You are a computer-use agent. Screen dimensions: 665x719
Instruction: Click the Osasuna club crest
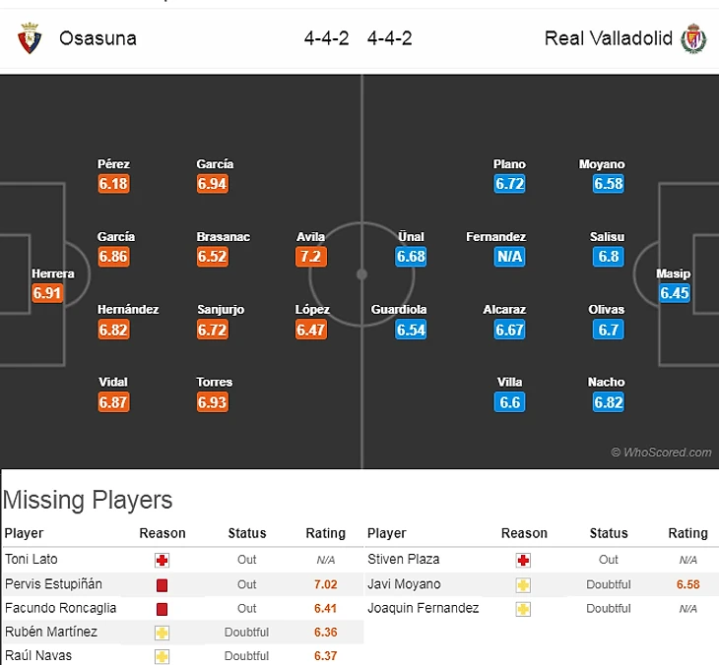(28, 39)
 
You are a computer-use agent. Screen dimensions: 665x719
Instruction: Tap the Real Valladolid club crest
(694, 39)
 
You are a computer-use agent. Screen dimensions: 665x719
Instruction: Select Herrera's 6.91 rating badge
(47, 293)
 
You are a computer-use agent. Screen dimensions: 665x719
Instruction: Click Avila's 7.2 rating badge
(310, 257)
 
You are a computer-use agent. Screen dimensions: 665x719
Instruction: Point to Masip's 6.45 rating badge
(675, 293)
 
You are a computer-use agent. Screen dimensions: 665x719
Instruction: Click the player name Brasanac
(224, 237)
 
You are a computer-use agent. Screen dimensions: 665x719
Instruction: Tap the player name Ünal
(411, 237)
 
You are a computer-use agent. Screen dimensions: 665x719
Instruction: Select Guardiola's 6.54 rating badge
(411, 330)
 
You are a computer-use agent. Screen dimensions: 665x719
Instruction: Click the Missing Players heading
(88, 500)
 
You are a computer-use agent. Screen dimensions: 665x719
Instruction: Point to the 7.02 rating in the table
(325, 583)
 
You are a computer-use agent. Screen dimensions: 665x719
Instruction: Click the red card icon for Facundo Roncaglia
(162, 609)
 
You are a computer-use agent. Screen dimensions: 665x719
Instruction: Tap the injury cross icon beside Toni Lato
(162, 560)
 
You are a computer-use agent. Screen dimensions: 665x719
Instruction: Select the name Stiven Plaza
(403, 559)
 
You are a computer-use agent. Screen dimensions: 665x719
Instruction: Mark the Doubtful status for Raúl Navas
(246, 656)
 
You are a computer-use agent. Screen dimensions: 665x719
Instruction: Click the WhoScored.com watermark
(661, 453)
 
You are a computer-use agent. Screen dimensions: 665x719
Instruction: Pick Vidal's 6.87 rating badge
(113, 402)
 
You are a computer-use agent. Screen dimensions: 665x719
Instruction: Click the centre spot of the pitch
(361, 273)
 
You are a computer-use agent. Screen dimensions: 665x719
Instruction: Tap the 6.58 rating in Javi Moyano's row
(687, 584)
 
